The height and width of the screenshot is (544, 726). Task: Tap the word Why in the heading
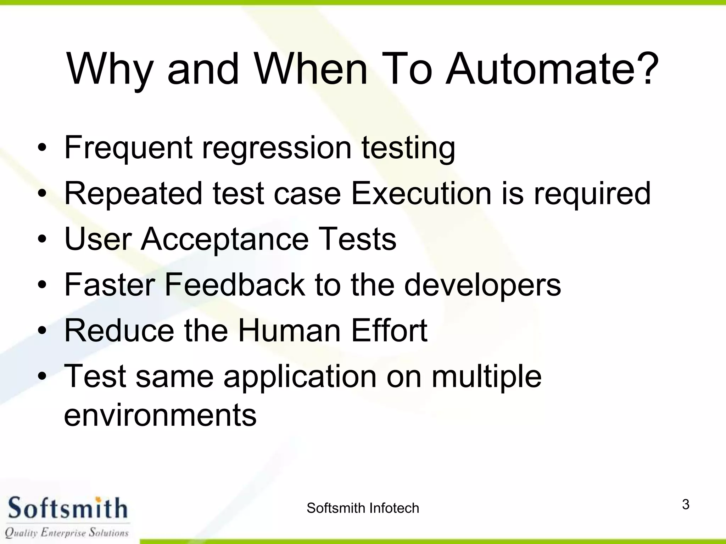(x=110, y=69)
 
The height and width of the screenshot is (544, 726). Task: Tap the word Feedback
(x=234, y=284)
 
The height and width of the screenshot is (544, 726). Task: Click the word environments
(x=160, y=415)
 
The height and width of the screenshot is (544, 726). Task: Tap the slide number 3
(x=686, y=504)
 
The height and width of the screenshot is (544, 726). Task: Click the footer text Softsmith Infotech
(x=363, y=508)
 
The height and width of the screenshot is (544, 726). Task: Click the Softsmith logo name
(x=67, y=509)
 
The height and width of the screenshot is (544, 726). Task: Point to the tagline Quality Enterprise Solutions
(x=67, y=532)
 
